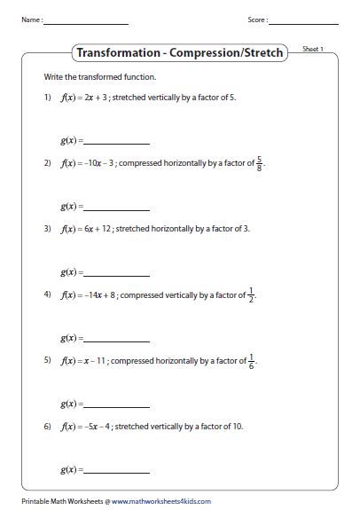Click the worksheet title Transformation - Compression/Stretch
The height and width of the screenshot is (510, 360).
[180, 52]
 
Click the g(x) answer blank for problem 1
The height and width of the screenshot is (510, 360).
[115, 142]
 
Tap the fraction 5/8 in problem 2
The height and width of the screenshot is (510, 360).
[259, 163]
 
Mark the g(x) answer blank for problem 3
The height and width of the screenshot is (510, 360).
[115, 272]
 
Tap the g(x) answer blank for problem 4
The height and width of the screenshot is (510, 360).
[115, 338]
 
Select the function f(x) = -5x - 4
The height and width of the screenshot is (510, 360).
[85, 426]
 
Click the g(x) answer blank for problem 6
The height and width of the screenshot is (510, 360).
[115, 468]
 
